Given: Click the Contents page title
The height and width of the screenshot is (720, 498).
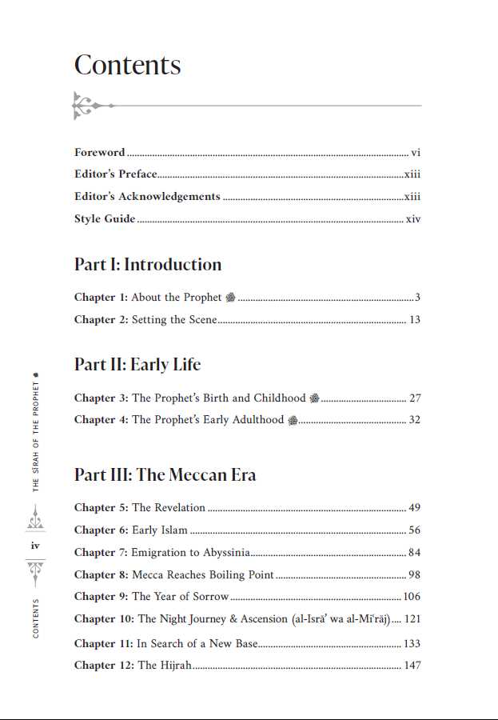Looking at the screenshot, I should tap(128, 66).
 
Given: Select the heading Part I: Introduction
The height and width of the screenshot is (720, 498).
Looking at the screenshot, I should tap(148, 265).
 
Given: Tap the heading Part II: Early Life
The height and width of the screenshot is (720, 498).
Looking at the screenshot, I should tap(137, 365).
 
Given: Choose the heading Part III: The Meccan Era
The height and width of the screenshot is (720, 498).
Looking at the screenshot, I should tap(165, 475).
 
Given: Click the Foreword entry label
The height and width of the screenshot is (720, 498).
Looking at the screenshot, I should tap(100, 153).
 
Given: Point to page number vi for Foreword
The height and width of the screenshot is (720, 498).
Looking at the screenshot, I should tap(416, 153).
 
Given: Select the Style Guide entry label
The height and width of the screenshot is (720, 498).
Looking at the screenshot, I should tap(105, 219).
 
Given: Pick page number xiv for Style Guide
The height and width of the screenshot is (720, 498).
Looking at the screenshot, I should tap(412, 219).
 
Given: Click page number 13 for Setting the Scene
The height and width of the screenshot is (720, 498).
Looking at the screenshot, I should tap(414, 320).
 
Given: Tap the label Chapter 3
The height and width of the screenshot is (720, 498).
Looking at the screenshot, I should tap(101, 398).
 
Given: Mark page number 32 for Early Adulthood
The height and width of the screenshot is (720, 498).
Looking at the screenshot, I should tap(414, 420).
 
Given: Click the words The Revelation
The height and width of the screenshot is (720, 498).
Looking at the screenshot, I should tap(169, 508).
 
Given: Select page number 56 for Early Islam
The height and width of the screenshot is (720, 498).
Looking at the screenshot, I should tap(414, 530).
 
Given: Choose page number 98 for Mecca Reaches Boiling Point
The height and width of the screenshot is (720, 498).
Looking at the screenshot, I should tap(414, 575).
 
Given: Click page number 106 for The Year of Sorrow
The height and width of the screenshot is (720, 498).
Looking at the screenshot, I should tap(412, 597).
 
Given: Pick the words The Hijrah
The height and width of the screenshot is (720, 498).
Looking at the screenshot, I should tap(165, 666).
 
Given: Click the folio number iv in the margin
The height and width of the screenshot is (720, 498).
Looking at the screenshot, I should tap(35, 546).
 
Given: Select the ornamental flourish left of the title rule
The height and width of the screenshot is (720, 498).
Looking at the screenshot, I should tap(90, 106).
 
